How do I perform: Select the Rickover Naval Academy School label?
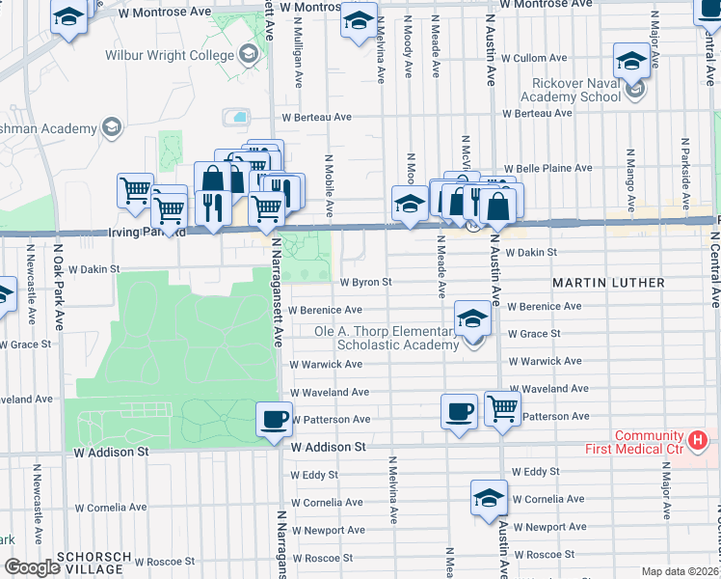tap(571, 90)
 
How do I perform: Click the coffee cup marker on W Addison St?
tap(274, 419)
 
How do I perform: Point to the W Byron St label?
tap(367, 283)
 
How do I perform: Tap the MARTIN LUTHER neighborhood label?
tap(608, 283)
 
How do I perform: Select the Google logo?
tap(32, 567)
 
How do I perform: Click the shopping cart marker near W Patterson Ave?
tap(502, 409)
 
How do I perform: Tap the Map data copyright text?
tap(681, 572)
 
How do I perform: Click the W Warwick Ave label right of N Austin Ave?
tap(546, 361)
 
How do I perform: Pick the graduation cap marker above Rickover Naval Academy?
tap(631, 62)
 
